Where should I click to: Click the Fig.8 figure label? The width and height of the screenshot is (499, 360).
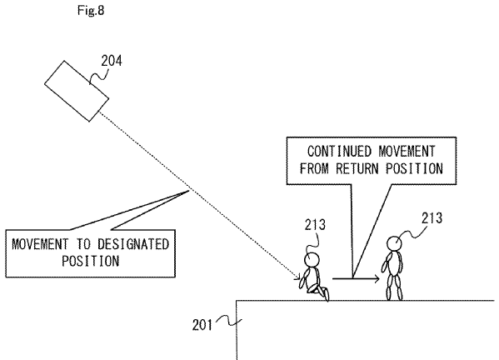tap(91, 11)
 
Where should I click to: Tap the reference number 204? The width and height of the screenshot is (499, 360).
tap(112, 61)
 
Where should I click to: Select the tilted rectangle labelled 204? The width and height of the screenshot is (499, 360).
tap(77, 91)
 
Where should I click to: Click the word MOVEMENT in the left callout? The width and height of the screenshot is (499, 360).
tap(40, 244)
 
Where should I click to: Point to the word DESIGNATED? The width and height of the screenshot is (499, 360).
tap(133, 244)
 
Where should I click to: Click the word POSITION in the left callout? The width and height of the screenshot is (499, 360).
tap(90, 261)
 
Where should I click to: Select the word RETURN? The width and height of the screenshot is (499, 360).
tap(358, 168)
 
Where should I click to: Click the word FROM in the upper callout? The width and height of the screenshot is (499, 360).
tap(314, 168)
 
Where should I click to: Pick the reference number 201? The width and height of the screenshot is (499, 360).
tap(202, 325)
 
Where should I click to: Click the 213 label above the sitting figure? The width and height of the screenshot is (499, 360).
tap(315, 225)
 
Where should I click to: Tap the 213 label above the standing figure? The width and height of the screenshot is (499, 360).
tap(432, 218)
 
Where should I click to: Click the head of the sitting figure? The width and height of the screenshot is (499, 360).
tap(312, 260)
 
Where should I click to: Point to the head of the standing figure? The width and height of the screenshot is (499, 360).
tap(394, 244)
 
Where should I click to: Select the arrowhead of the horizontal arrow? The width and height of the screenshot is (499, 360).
tap(377, 279)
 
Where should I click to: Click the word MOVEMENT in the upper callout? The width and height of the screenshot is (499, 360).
tap(407, 151)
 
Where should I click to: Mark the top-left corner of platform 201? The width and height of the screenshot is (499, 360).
tap(237, 301)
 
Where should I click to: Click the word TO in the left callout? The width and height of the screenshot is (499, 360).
tap(82, 244)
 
